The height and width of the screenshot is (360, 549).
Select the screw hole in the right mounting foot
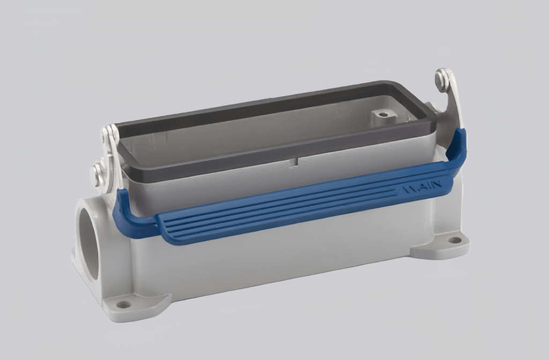454,239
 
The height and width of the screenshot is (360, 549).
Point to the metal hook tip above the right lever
442,78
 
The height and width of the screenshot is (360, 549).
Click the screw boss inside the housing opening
382,114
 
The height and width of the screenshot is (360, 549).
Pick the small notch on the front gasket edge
294,161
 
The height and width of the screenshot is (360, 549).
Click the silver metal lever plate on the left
114,155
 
